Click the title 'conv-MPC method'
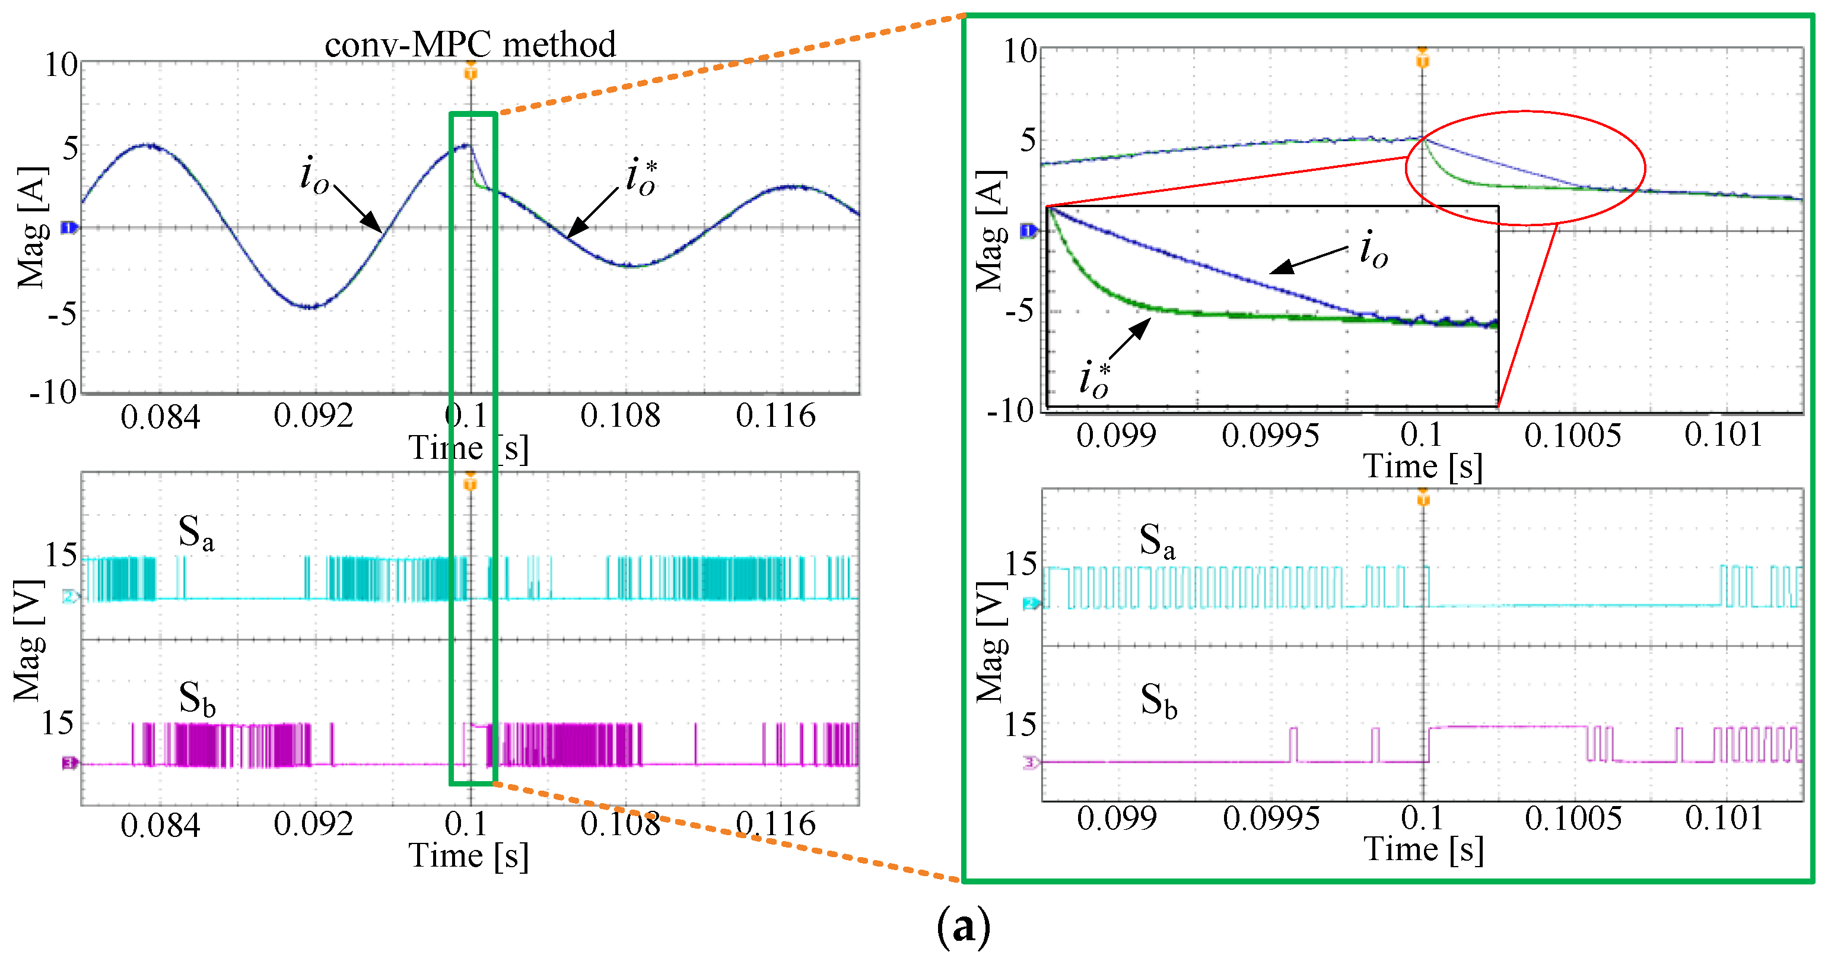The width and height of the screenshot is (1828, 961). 470,45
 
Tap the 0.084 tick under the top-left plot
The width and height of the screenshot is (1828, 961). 160,417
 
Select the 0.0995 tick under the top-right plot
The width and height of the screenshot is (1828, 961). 1270,435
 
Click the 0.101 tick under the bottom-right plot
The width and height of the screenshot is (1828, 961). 1724,819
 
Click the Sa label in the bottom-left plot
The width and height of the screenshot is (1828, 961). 195,532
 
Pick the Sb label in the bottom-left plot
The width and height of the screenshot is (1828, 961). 196,699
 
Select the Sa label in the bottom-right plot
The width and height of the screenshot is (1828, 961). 1157,541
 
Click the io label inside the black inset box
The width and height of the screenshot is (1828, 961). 1373,250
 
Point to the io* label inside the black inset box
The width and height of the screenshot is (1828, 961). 1095,378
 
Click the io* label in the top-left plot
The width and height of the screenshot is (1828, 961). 641,177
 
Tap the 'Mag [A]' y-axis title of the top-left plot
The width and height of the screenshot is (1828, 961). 32,227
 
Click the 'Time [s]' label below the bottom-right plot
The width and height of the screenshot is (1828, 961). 1423,849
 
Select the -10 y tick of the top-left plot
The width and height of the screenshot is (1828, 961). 53,392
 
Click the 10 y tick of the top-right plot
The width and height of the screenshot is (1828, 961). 1020,51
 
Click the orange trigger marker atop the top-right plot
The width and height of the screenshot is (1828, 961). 1422,59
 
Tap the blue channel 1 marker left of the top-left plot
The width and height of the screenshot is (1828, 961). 69,228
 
